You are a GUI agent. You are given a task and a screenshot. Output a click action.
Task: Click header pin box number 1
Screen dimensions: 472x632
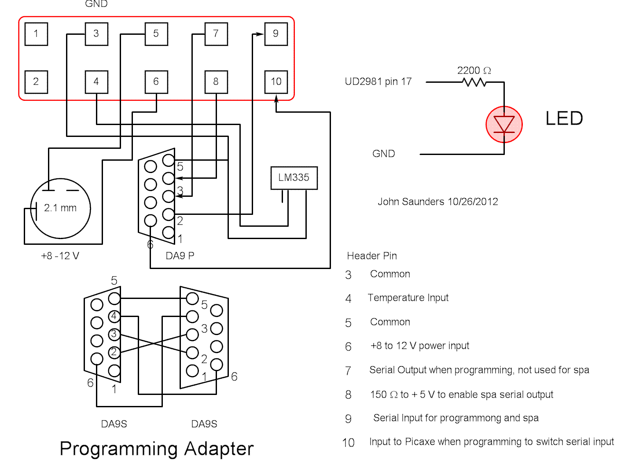click(36, 34)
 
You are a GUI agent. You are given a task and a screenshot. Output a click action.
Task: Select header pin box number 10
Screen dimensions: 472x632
click(276, 82)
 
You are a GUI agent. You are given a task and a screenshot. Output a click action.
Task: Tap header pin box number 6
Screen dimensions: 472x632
click(156, 82)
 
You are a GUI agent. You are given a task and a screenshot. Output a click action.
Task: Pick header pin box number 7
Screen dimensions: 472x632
click(216, 34)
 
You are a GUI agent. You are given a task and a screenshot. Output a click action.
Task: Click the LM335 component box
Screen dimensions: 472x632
click(294, 177)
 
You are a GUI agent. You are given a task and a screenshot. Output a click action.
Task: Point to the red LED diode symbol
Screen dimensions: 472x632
click(504, 124)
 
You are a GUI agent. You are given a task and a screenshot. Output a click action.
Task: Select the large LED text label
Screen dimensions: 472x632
click(564, 118)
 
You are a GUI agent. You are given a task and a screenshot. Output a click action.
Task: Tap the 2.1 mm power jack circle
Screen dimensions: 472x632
click(60, 208)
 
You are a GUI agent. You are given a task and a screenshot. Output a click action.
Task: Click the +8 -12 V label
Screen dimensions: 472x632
click(60, 256)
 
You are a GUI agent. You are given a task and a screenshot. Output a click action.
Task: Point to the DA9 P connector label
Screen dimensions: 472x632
click(180, 256)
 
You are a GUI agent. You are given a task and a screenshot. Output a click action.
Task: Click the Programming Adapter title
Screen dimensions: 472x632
click(157, 449)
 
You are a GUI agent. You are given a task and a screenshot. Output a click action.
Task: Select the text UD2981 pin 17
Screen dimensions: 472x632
click(378, 82)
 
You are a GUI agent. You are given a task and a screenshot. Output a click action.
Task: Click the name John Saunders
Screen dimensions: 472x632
click(411, 202)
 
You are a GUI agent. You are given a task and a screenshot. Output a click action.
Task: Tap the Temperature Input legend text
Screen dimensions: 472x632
click(408, 298)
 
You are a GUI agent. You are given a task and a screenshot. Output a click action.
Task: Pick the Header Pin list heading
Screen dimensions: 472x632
click(372, 256)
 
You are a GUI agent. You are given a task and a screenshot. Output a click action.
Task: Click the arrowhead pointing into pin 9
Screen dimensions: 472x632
click(260, 34)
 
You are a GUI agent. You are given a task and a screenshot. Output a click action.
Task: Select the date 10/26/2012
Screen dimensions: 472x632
click(473, 202)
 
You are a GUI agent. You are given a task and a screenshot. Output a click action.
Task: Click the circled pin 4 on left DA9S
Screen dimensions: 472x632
click(114, 316)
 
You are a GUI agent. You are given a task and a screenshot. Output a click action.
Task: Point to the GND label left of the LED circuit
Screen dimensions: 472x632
click(383, 154)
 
